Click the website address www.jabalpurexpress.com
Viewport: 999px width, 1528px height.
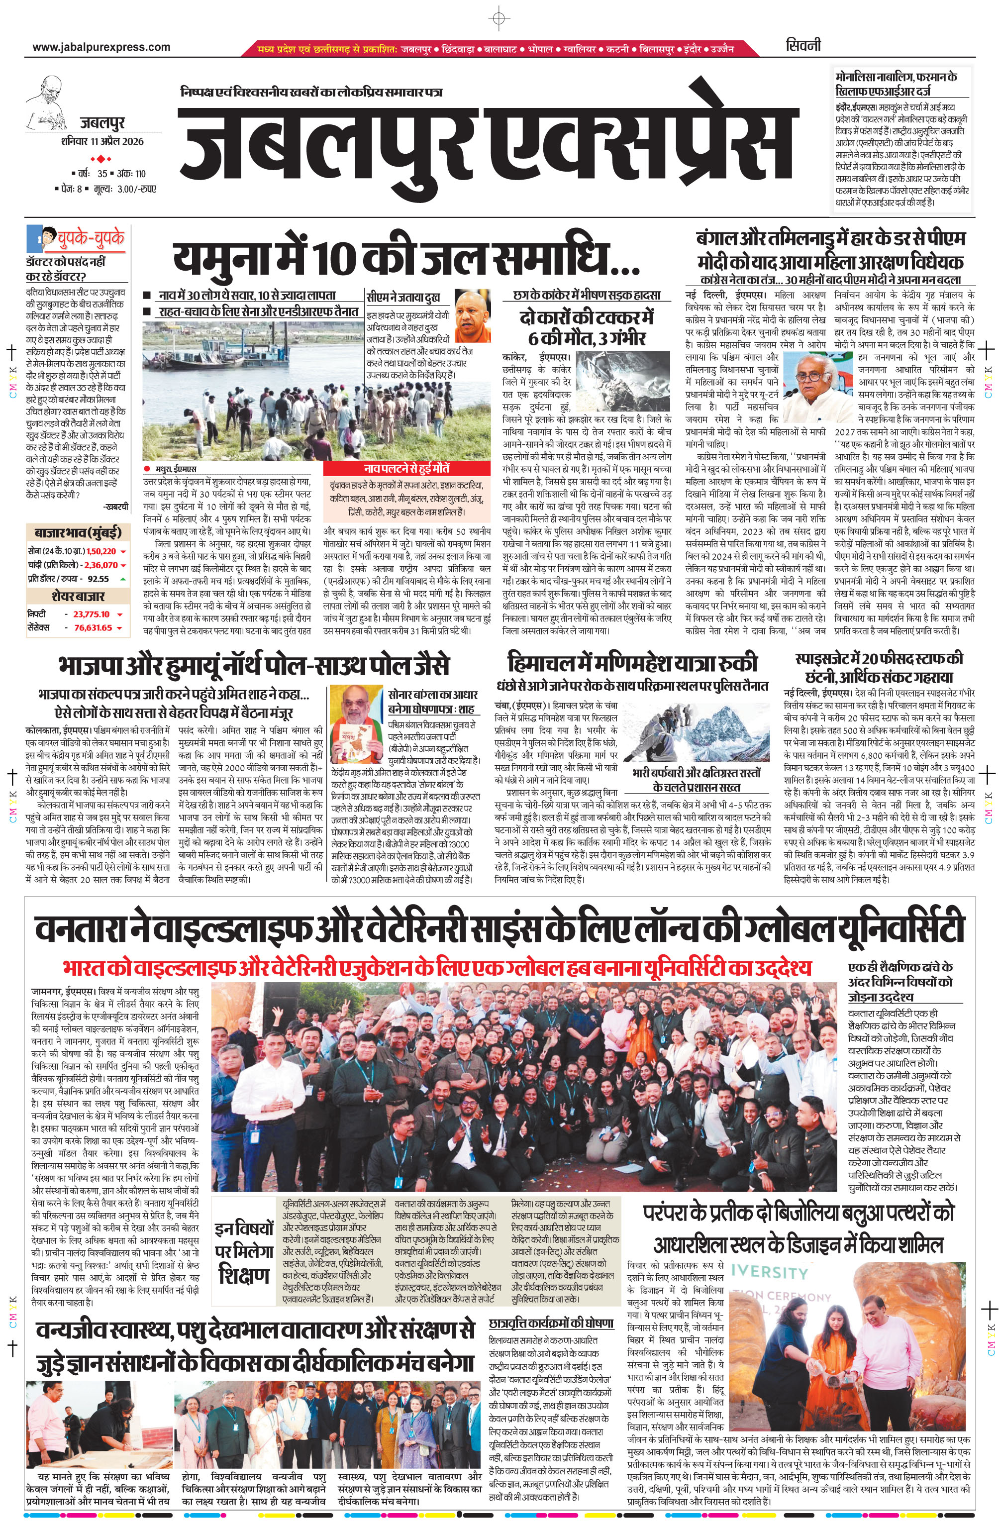tap(101, 47)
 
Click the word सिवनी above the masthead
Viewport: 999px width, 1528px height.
tap(803, 46)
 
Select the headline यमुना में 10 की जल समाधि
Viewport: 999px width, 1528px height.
tap(406, 259)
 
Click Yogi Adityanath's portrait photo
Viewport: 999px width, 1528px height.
tap(473, 316)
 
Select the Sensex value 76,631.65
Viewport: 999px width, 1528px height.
tap(93, 627)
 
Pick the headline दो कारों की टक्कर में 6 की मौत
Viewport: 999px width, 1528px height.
tap(587, 327)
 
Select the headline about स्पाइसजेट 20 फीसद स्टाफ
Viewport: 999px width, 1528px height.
tap(879, 667)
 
